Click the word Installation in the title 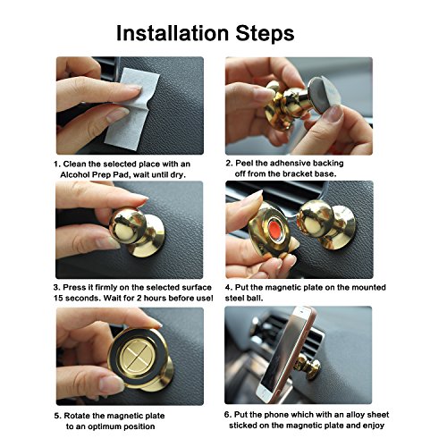coord(173,33)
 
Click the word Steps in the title coord(265,33)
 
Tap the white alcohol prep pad coord(131,107)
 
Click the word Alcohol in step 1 coord(75,174)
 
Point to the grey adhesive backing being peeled coord(324,95)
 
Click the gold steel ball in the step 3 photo coord(128,225)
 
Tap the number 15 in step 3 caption coord(58,299)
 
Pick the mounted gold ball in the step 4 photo coord(316,219)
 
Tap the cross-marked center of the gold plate coord(138,356)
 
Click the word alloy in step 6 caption coord(355,415)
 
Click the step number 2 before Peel coord(229,164)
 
